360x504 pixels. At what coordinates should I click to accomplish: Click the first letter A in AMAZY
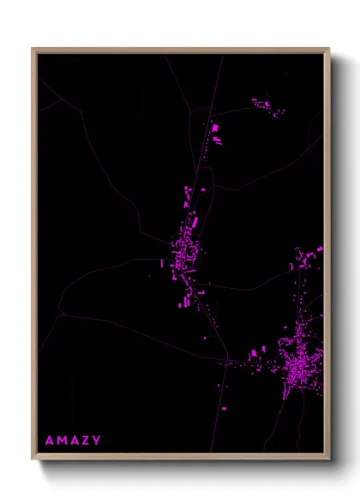49,441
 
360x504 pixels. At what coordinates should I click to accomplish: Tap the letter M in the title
61,441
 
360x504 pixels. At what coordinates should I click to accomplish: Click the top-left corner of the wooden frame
33,49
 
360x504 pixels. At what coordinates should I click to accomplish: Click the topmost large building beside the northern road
214,128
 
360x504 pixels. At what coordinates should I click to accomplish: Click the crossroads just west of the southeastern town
227,363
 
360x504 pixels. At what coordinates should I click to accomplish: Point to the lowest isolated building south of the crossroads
224,408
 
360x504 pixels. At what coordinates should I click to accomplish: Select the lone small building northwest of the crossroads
206,339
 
